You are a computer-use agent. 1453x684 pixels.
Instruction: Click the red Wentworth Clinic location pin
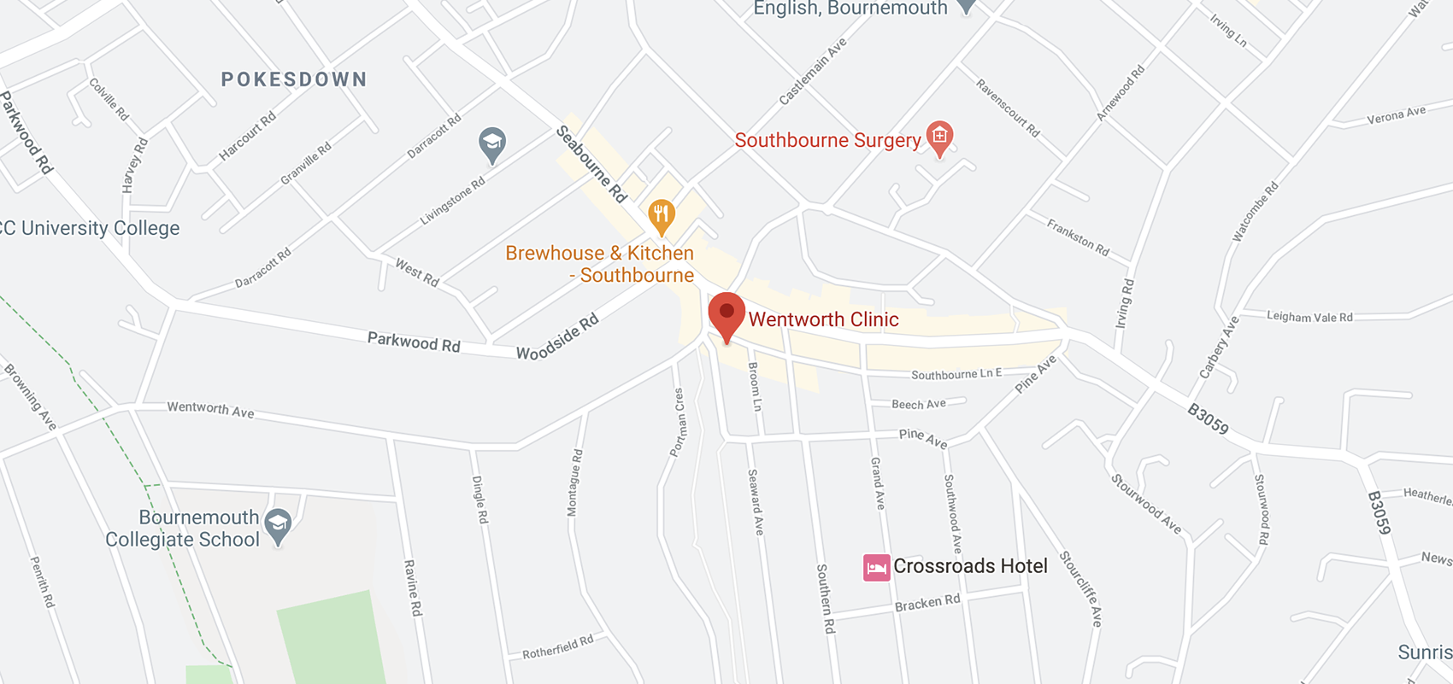[726, 313]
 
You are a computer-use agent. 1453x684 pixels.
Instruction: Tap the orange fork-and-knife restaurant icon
[661, 214]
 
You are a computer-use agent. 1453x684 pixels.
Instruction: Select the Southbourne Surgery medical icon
[939, 137]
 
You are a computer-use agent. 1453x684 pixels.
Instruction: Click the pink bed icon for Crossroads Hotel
[876, 567]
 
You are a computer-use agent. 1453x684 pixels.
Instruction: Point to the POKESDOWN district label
[294, 79]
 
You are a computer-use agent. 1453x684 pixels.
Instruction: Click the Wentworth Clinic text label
[823, 319]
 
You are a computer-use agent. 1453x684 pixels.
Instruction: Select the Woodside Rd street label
[557, 336]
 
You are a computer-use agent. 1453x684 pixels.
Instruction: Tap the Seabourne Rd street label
[591, 164]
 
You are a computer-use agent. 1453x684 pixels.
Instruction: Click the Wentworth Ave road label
[210, 409]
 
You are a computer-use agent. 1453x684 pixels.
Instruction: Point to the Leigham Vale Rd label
[1309, 317]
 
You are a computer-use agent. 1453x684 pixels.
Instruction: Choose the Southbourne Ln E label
[956, 374]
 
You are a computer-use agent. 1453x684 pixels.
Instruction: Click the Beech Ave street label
[919, 404]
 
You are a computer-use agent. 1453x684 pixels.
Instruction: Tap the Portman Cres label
[678, 423]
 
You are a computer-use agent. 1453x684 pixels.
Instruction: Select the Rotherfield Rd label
[557, 647]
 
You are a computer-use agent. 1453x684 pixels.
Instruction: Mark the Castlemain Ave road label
[813, 71]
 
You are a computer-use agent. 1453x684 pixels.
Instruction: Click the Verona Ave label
[1397, 115]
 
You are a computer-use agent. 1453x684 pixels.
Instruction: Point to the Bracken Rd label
[927, 603]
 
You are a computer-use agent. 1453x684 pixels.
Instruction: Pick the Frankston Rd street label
[1078, 237]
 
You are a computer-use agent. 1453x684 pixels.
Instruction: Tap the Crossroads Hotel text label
[970, 566]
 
